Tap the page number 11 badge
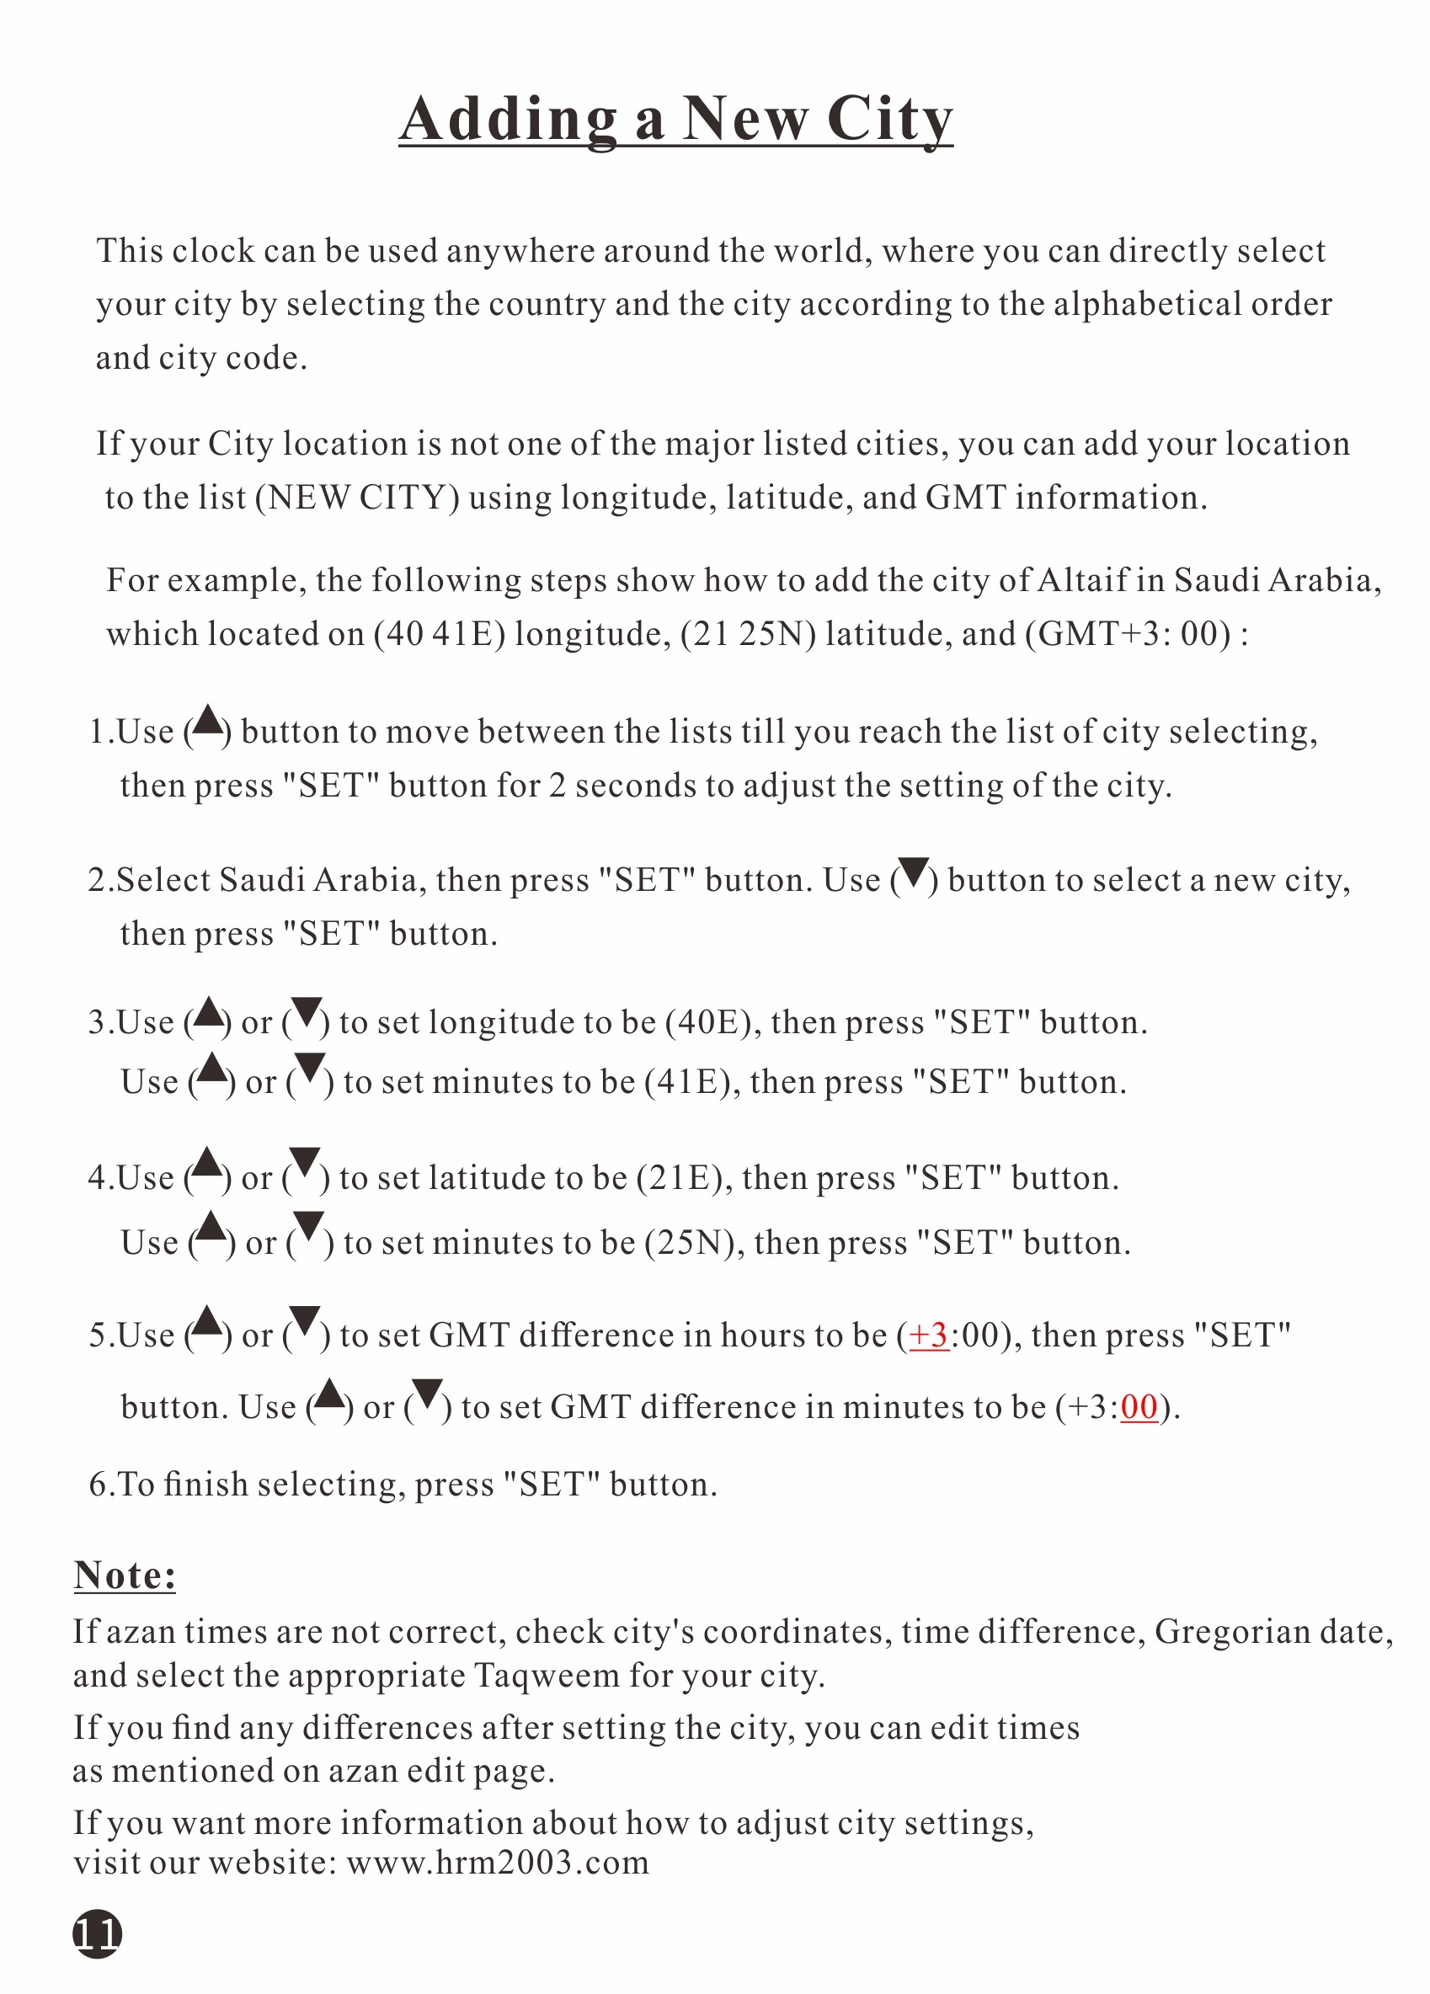click(97, 1933)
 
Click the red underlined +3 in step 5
click(928, 1336)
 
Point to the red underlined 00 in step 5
click(1139, 1408)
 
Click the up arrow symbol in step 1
click(208, 721)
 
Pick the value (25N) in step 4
click(694, 1243)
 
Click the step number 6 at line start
click(98, 1484)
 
